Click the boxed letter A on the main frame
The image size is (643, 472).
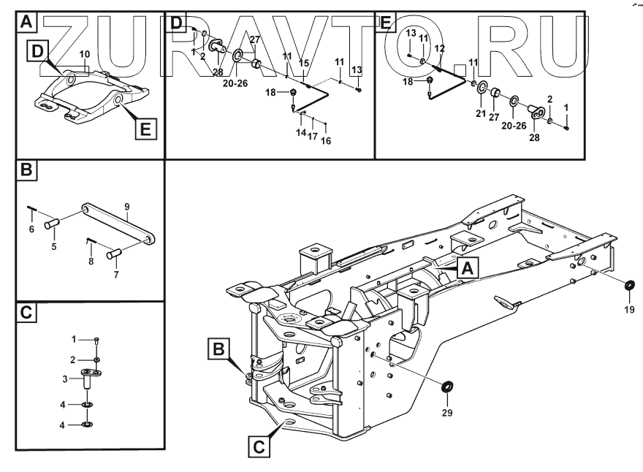(x=468, y=269)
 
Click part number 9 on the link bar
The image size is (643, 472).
(x=126, y=207)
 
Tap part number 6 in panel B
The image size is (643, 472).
(x=31, y=229)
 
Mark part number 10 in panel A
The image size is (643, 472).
(x=85, y=54)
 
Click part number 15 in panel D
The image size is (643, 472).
(x=303, y=63)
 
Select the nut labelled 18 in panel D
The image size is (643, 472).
(x=292, y=94)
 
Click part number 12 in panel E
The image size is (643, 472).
(x=439, y=48)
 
